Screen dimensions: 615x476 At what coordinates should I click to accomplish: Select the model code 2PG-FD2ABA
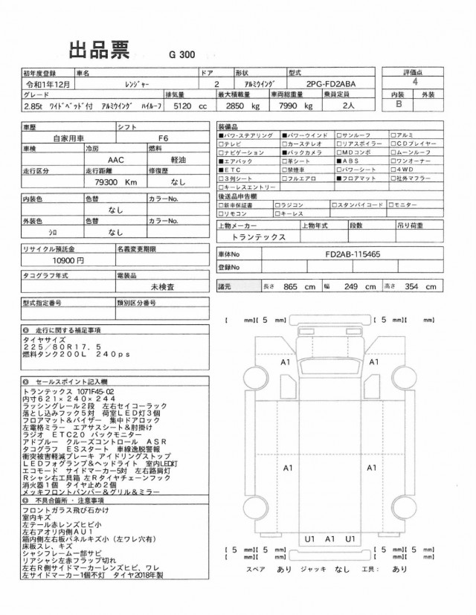point(336,84)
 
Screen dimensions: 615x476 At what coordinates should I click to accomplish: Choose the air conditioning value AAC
point(116,158)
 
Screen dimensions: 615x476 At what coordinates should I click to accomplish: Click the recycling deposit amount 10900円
point(68,261)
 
